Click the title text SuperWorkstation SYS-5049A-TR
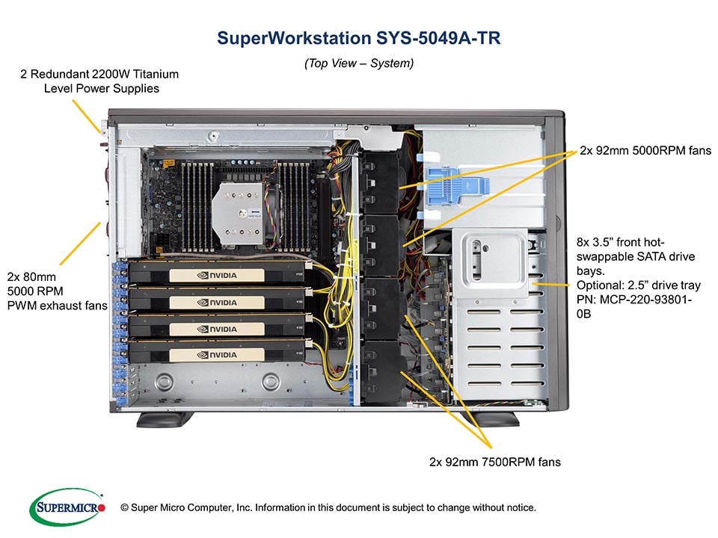(358, 38)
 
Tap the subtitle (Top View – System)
(359, 63)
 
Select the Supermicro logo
(67, 507)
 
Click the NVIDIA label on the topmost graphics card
(217, 276)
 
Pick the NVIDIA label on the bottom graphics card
(217, 355)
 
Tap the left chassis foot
(165, 419)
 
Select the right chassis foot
(491, 419)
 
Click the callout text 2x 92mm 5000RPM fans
(645, 150)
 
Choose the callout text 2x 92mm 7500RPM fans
(495, 462)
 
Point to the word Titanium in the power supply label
(156, 74)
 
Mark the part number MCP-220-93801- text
(634, 300)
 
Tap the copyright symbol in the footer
(124, 508)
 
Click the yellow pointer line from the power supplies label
(86, 117)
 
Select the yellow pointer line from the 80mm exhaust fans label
(80, 244)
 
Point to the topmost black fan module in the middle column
(381, 182)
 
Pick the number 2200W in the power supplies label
(111, 74)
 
